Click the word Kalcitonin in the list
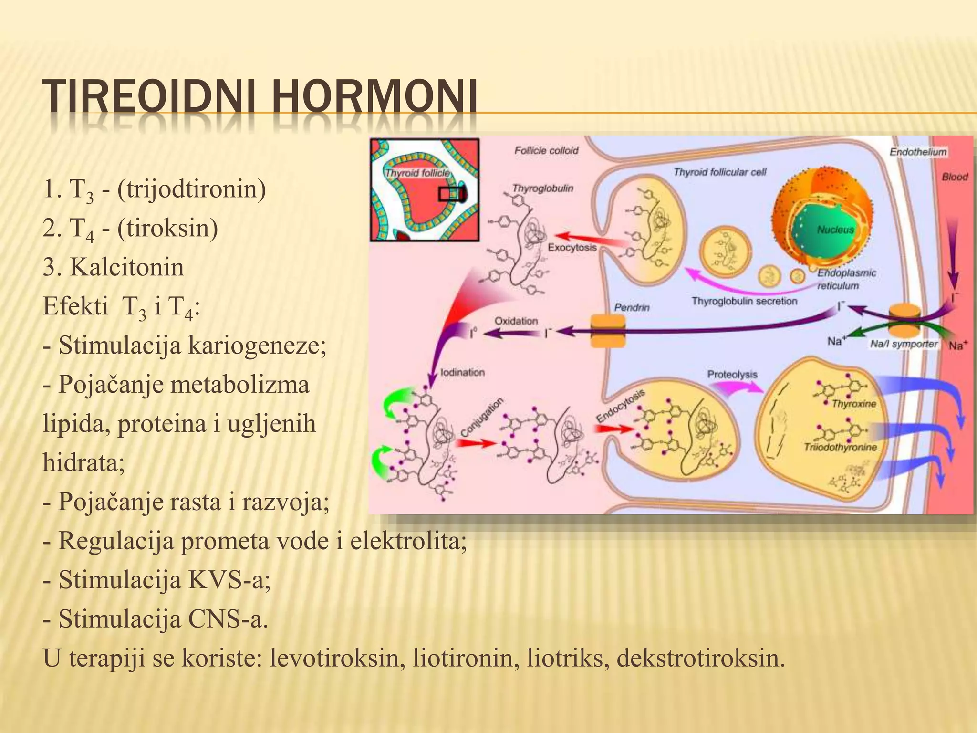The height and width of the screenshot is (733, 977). click(x=127, y=267)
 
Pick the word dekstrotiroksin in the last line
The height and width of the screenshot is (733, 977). click(x=700, y=658)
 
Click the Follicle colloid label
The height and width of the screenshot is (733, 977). click(x=546, y=151)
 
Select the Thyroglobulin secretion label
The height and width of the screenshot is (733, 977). click(x=744, y=301)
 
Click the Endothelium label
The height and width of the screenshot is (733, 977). click(x=918, y=152)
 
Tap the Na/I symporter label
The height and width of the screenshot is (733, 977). click(x=903, y=344)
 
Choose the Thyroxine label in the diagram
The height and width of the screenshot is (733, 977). click(x=854, y=404)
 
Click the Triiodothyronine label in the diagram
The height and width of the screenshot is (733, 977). click(x=840, y=447)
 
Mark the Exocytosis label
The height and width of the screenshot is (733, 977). click(x=572, y=248)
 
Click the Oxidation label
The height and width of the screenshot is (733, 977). click(x=516, y=321)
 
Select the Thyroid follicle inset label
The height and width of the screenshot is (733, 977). click(x=417, y=173)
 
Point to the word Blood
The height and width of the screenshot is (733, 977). click(x=955, y=177)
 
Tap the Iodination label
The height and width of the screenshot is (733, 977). click(x=462, y=372)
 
